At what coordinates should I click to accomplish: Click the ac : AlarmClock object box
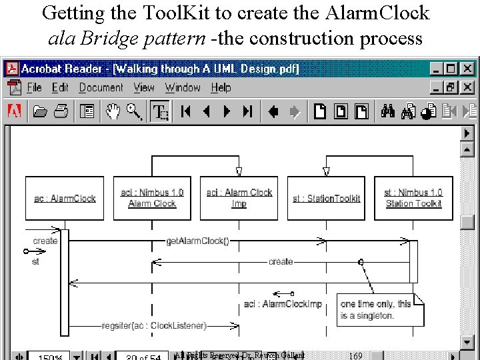pyautogui.click(x=65, y=198)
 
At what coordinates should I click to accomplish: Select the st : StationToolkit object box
pyautogui.click(x=327, y=198)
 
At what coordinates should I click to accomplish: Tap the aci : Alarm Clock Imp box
pyautogui.click(x=239, y=198)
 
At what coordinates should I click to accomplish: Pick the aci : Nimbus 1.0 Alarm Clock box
pyautogui.click(x=152, y=198)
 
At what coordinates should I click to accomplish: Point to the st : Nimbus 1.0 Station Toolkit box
pyautogui.click(x=413, y=198)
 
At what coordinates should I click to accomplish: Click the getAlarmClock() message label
pyautogui.click(x=198, y=241)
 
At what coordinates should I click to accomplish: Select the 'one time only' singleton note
pyautogui.click(x=378, y=309)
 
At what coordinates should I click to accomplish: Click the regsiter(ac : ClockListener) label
pyautogui.click(x=154, y=325)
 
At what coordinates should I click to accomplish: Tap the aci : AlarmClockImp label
pyautogui.click(x=283, y=304)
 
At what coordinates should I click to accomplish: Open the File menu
pyautogui.click(x=34, y=87)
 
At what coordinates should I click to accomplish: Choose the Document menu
pyautogui.click(x=101, y=87)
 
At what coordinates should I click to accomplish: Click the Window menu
pyautogui.click(x=183, y=87)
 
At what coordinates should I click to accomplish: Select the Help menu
pyautogui.click(x=221, y=87)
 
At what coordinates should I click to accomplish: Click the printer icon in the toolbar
pyautogui.click(x=61, y=111)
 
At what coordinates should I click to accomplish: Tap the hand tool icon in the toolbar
pyautogui.click(x=113, y=111)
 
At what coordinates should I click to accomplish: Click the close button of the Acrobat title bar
pyautogui.click(x=467, y=69)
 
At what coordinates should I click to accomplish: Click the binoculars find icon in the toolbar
pyautogui.click(x=389, y=111)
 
